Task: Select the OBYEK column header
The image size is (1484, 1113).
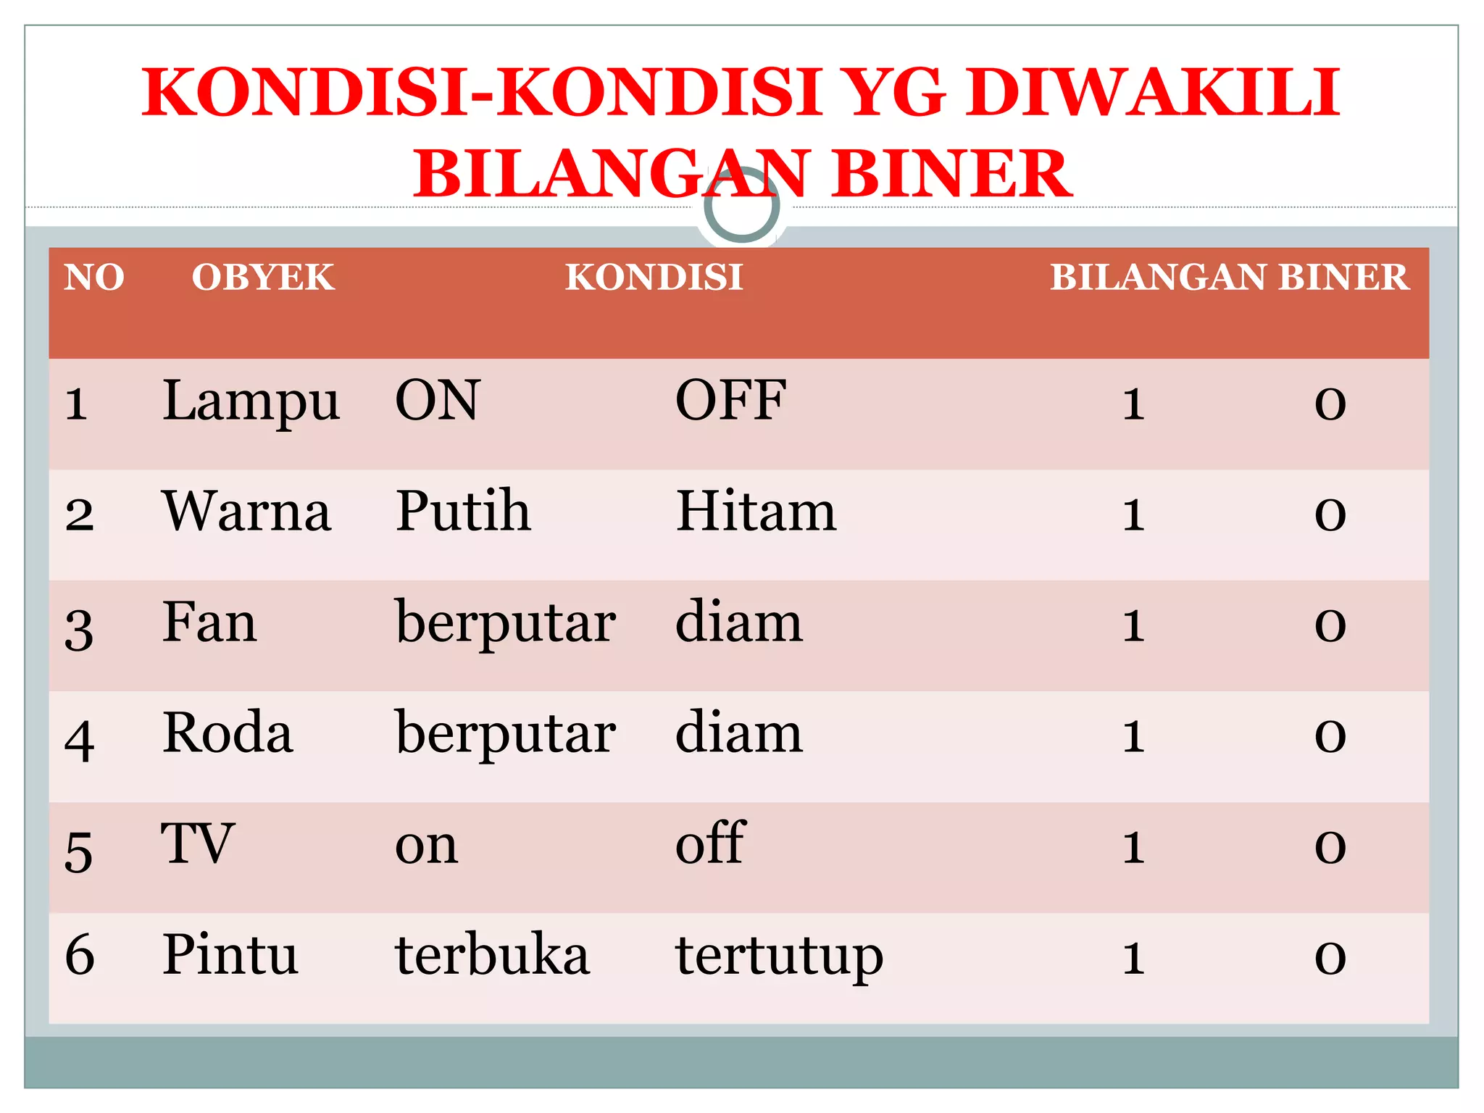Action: pos(263,278)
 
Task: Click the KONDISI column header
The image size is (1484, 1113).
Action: pos(654,278)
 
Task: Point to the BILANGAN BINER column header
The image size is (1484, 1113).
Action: pos(1229,278)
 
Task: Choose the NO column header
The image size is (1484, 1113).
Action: pos(94,278)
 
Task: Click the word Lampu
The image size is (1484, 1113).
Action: pos(251,402)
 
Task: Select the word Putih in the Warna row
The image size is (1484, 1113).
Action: pos(463,512)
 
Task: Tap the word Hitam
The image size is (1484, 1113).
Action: pos(756,512)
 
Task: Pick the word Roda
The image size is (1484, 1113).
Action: pos(228,733)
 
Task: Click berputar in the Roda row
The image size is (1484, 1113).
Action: pos(505,735)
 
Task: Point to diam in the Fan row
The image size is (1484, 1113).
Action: pos(738,623)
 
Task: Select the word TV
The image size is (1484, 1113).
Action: pos(197,844)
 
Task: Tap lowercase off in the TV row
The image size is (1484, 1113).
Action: pos(709,843)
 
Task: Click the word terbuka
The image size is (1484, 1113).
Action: pos(492,955)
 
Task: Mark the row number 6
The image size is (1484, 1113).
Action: pos(80,955)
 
